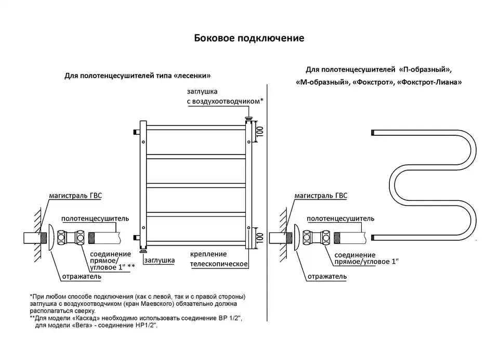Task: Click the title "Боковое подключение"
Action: click(x=249, y=38)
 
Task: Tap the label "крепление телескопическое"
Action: click(x=219, y=259)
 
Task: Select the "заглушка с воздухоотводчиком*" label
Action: click(x=225, y=96)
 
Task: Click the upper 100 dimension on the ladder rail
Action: click(x=260, y=131)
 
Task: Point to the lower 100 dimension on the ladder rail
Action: click(x=260, y=238)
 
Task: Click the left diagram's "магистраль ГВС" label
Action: click(x=75, y=195)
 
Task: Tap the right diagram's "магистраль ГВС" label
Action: click(x=321, y=195)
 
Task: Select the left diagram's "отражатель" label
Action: click(x=82, y=276)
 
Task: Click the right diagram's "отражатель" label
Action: click(x=327, y=276)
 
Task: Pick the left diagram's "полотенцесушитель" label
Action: click(x=95, y=218)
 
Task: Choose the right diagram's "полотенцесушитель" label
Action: click(x=340, y=218)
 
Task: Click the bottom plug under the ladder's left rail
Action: click(x=143, y=251)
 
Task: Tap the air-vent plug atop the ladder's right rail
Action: click(x=248, y=119)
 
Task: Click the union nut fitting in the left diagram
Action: click(x=71, y=238)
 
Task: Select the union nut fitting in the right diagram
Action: click(x=317, y=238)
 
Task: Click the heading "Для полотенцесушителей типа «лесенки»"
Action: click(x=137, y=76)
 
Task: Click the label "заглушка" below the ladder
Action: click(x=160, y=260)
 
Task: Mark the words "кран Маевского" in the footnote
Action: click(x=152, y=304)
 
